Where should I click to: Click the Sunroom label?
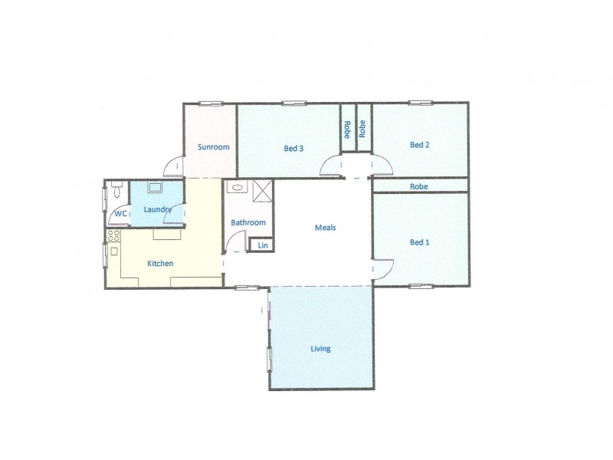[214, 147]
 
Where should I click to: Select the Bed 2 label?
[419, 145]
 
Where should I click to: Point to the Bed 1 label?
[419, 242]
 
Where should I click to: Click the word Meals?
[326, 228]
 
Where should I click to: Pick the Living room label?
[320, 349]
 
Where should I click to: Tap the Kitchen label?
[160, 264]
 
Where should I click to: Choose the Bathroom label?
[248, 223]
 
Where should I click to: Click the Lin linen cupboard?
[263, 245]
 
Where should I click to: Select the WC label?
[120, 214]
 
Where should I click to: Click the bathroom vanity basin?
[238, 187]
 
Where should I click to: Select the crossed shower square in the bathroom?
[263, 190]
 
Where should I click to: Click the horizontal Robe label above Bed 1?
[418, 186]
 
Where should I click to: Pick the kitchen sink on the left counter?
[114, 251]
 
